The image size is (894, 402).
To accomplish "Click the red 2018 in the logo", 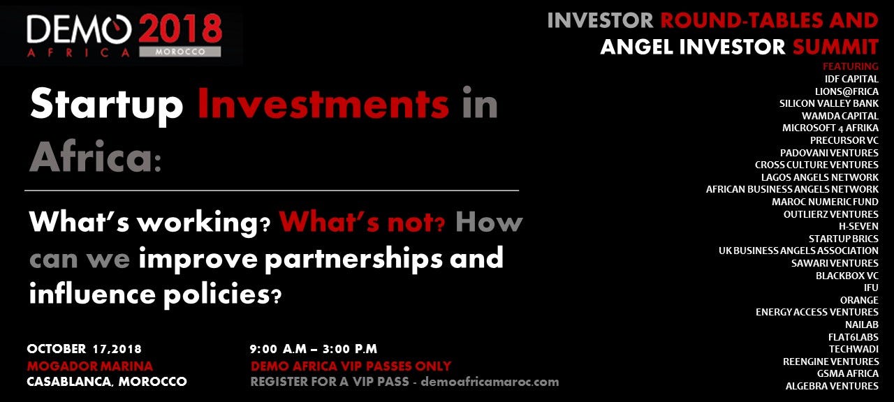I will pyautogui.click(x=180, y=29).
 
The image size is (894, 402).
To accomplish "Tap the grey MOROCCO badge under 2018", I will pyautogui.click(x=180, y=52).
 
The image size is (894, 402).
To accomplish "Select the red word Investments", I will pyautogui.click(x=323, y=104).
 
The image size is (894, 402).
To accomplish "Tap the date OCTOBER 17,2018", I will pyautogui.click(x=84, y=349).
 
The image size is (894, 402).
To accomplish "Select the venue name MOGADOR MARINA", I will pyautogui.click(x=89, y=366).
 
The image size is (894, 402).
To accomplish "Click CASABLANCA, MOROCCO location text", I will pyautogui.click(x=106, y=382).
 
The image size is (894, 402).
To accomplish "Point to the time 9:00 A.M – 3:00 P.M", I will pyautogui.click(x=314, y=349).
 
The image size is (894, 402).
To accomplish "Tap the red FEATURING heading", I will pyautogui.click(x=850, y=66).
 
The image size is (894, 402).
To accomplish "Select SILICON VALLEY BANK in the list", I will pyautogui.click(x=829, y=103).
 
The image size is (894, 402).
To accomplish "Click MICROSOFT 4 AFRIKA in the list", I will pyautogui.click(x=830, y=128).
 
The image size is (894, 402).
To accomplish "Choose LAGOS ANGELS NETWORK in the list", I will pyautogui.click(x=820, y=177).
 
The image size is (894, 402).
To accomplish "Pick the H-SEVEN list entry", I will pyautogui.click(x=858, y=226).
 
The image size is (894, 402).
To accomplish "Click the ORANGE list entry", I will pyautogui.click(x=859, y=300).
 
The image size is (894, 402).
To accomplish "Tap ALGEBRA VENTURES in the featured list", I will pyautogui.click(x=832, y=386).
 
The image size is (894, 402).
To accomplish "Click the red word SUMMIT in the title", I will pyautogui.click(x=835, y=47).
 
